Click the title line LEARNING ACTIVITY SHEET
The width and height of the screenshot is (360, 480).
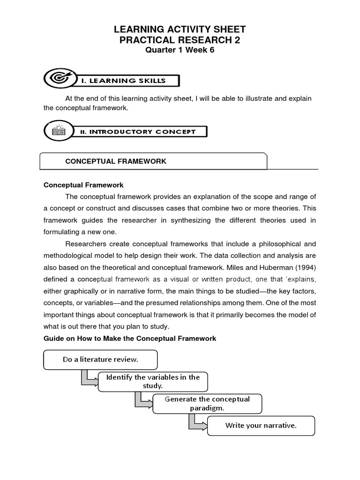[x=180, y=30]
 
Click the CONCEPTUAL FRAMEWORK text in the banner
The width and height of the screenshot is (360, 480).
[x=116, y=161]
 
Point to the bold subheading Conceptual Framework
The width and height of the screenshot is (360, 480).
[x=83, y=185]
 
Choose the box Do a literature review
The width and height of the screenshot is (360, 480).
[x=101, y=360]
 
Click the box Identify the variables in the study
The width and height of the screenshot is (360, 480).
[x=153, y=382]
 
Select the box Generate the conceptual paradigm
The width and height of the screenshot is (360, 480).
[x=207, y=403]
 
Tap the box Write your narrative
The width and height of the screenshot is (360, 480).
[x=261, y=426]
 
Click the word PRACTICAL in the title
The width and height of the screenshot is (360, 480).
[x=146, y=40]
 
